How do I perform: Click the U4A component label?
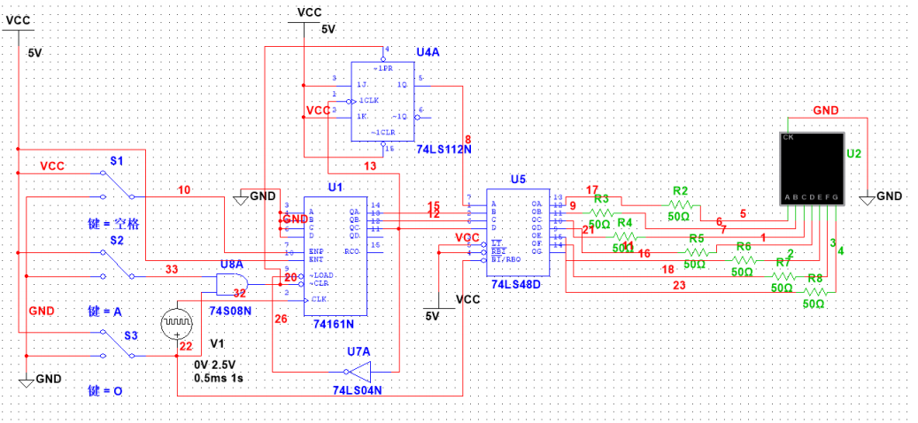coord(428,53)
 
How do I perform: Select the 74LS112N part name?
coord(444,150)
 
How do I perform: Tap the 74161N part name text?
coord(334,325)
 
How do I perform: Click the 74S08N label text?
coord(229,311)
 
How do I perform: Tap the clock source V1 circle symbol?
coord(174,325)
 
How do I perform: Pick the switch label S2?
coord(117,240)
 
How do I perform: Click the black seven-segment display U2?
coord(814,168)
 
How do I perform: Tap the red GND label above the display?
coord(826,111)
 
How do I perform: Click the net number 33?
coord(171,268)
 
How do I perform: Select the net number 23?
coord(679,285)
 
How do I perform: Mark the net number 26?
coord(281,319)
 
